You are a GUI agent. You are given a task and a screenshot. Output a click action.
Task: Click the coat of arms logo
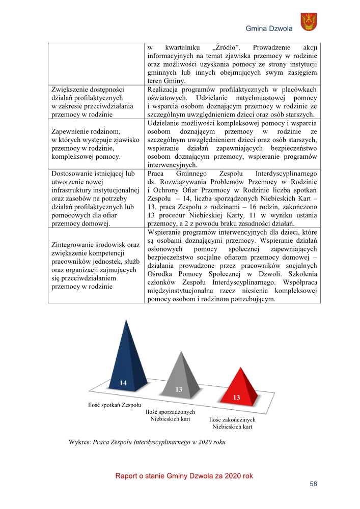309,22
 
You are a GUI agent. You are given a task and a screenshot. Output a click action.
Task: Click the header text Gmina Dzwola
269,29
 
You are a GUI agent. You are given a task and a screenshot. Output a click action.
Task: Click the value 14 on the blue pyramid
123,382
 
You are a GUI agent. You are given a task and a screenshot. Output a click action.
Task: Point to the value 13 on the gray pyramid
179,389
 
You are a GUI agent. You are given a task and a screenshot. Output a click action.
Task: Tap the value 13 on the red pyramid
236,397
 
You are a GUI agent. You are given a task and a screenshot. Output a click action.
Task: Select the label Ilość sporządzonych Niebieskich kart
171,415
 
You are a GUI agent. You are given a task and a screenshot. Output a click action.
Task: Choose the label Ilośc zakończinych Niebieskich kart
232,423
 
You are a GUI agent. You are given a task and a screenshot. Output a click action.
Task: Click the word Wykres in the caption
80,442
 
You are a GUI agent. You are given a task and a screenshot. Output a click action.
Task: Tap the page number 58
313,484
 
